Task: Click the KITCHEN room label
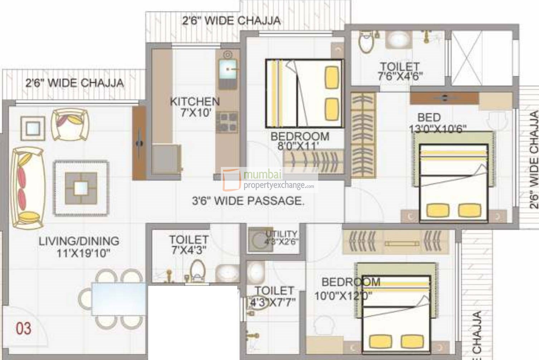(195, 101)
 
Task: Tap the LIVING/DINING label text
(79, 241)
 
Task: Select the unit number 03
(24, 328)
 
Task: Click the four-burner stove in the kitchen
(227, 122)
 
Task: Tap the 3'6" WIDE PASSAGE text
(248, 201)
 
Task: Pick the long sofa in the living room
(28, 187)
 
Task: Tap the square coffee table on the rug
(81, 188)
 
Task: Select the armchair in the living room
(70, 125)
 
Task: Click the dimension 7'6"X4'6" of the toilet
(400, 76)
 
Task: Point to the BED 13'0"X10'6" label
(437, 123)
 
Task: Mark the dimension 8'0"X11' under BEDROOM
(298, 146)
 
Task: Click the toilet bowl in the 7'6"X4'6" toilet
(366, 43)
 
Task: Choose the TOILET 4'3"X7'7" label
(274, 296)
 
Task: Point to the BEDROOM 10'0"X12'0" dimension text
(343, 296)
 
